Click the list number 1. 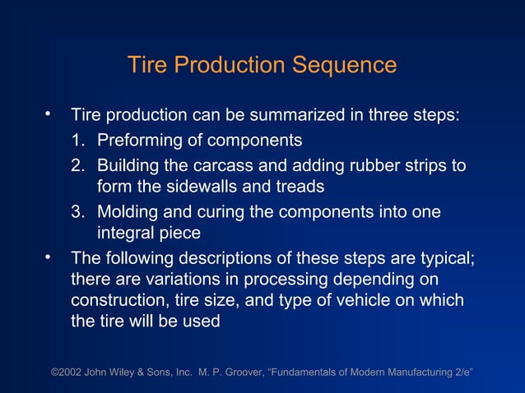[x=77, y=141]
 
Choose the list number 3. [x=77, y=212]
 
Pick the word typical [x=441, y=258]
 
